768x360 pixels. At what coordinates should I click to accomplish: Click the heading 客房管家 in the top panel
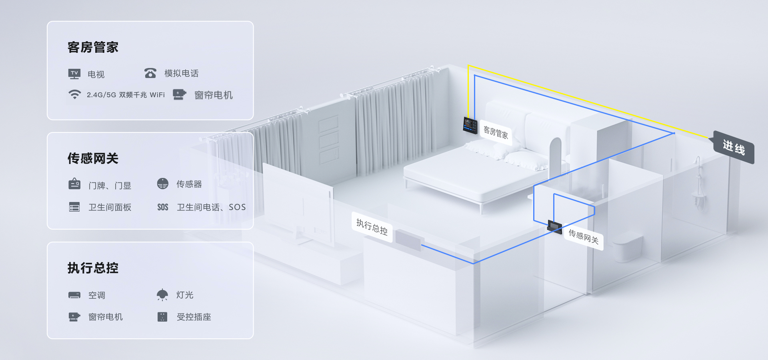click(x=93, y=47)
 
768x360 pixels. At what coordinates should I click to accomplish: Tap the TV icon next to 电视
click(x=74, y=74)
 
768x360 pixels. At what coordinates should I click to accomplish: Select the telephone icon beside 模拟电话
click(x=150, y=73)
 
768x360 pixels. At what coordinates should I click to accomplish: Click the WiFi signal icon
click(x=74, y=94)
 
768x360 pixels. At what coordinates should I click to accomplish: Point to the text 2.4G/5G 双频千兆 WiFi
click(x=126, y=95)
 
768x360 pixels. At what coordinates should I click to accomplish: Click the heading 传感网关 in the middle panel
click(x=93, y=158)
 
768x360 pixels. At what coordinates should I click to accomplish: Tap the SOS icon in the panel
click(x=163, y=207)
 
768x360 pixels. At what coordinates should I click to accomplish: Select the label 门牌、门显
click(x=110, y=186)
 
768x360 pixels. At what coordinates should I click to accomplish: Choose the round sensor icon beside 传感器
click(x=163, y=184)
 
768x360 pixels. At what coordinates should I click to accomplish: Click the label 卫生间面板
click(x=110, y=207)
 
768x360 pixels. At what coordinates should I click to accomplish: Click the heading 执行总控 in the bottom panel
click(x=93, y=268)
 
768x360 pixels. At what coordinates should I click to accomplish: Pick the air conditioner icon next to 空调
click(x=74, y=295)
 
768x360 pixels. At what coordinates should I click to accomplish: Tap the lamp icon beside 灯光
click(x=162, y=295)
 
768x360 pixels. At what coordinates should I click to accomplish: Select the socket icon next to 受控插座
click(x=162, y=317)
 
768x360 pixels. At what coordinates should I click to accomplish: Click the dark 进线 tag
click(x=734, y=148)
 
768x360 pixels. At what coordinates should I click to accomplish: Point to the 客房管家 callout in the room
click(x=496, y=132)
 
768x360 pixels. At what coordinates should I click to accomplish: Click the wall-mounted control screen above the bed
click(x=470, y=125)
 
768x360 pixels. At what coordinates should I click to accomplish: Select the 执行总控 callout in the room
click(x=372, y=227)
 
